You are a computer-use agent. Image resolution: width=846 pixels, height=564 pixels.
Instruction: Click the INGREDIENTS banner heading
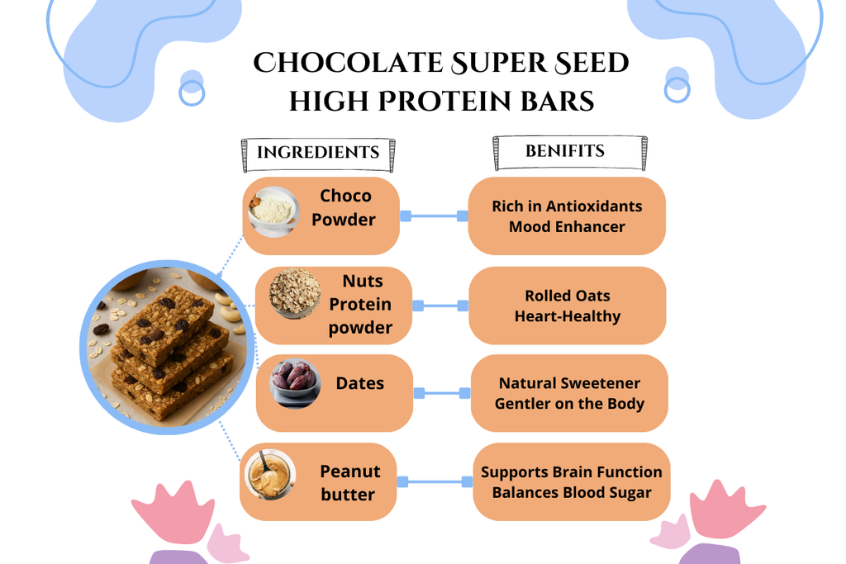click(318, 153)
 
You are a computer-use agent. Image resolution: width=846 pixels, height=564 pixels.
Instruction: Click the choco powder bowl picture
click(273, 211)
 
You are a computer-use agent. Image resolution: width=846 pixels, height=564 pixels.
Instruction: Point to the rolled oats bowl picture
click(295, 292)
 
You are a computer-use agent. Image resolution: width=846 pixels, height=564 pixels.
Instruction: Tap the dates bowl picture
click(295, 382)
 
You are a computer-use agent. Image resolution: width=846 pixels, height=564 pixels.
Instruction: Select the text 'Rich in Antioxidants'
click(567, 206)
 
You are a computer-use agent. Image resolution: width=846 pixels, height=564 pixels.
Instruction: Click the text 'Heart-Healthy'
click(567, 315)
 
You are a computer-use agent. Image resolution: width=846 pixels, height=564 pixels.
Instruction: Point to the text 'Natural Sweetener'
click(569, 383)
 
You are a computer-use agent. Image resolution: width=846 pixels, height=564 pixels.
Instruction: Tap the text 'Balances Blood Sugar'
click(572, 492)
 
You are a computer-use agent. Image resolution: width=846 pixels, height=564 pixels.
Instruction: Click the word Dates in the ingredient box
click(359, 383)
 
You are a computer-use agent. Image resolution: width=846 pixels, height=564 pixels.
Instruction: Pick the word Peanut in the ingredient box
click(350, 472)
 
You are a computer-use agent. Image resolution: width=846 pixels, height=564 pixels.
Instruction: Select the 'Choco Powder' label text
click(345, 208)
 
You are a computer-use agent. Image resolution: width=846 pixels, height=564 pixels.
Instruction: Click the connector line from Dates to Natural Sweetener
click(442, 394)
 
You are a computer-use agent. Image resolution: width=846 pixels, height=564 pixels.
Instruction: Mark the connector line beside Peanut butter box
click(433, 481)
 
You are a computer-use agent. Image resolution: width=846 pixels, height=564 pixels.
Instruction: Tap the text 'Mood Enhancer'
click(567, 226)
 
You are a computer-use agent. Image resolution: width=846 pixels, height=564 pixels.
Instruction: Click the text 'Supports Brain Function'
click(572, 472)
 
